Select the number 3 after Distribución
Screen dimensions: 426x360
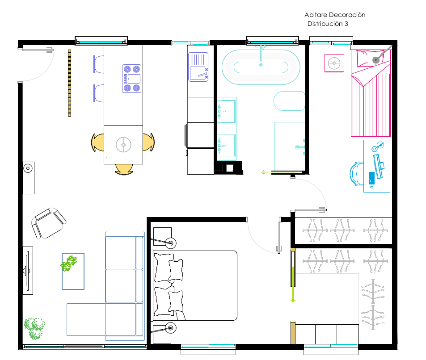point(346,24)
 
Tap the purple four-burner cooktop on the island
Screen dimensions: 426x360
point(131,79)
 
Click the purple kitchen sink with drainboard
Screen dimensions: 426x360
point(198,67)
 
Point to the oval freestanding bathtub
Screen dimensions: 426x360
point(261,67)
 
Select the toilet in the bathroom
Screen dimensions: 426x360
point(289,101)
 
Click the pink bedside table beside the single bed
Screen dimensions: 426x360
point(334,63)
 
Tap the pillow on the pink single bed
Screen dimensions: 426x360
point(370,59)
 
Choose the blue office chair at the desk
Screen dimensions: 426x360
point(356,174)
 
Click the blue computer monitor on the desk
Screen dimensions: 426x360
point(379,166)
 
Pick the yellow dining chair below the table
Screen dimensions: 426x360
point(124,169)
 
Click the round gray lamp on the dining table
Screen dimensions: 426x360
point(124,145)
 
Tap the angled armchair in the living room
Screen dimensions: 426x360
point(49,223)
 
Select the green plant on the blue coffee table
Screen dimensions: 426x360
point(69,264)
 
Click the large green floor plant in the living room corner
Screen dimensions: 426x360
point(34,328)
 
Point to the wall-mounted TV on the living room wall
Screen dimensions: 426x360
point(27,271)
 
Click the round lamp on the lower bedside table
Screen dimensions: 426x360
point(171,328)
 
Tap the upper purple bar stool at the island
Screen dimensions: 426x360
point(99,64)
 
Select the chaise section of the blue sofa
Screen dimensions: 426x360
point(86,319)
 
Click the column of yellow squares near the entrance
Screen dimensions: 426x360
point(70,83)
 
